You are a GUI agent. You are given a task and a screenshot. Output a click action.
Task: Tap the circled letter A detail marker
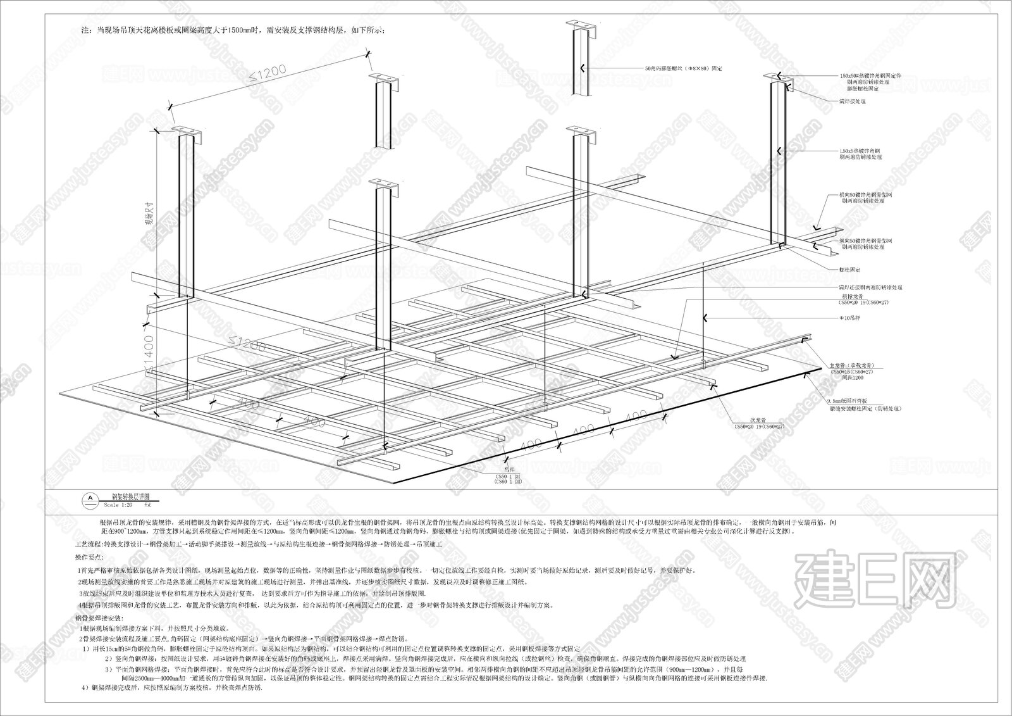(x=90, y=499)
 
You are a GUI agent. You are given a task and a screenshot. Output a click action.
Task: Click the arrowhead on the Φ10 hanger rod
(x=707, y=317)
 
